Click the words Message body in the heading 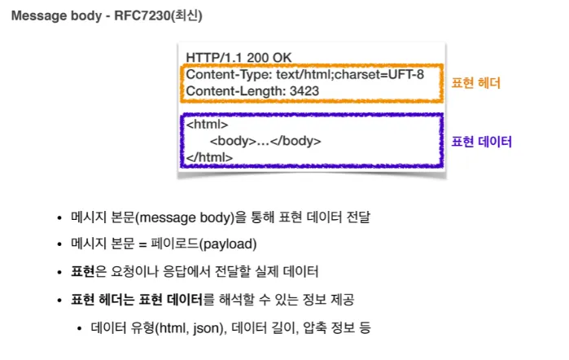(50, 16)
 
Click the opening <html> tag (207, 125)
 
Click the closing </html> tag (209, 156)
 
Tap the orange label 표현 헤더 (476, 82)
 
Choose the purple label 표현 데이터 (482, 141)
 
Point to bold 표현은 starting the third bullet (85, 271)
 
